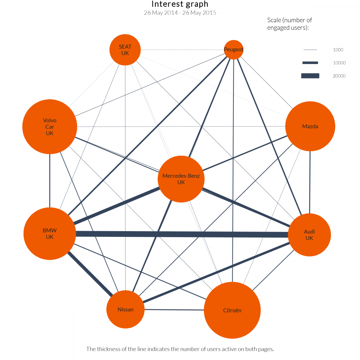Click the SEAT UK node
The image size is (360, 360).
tap(125, 50)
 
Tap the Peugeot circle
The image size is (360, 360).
tap(233, 50)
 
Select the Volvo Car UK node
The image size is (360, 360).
tap(50, 127)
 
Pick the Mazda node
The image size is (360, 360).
tap(310, 127)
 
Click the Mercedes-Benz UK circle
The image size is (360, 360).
tap(181, 179)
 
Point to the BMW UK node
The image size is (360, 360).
tap(50, 233)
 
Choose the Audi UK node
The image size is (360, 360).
tap(309, 235)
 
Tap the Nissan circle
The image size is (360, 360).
tap(125, 310)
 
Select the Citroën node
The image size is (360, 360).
tap(232, 310)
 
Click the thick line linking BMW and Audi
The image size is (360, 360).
tap(182, 234)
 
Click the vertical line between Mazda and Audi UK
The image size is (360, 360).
tap(310, 182)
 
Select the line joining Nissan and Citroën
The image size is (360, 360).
tap(174, 310)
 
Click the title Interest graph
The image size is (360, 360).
tap(180, 4)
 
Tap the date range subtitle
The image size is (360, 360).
tap(180, 13)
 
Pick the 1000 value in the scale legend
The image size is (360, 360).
tap(338, 50)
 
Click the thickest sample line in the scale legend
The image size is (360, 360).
tap(310, 76)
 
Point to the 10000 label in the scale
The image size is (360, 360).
tap(339, 63)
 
